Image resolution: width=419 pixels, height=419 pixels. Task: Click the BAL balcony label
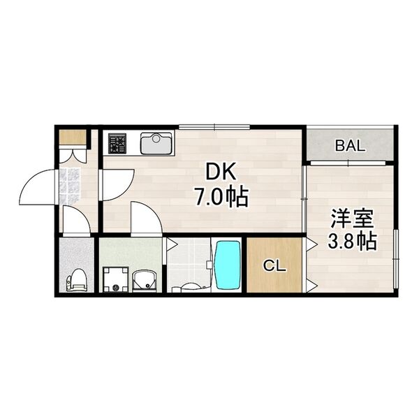coord(349,146)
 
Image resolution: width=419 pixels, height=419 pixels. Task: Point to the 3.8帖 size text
coord(353,242)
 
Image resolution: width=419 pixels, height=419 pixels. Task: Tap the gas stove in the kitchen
coord(117,144)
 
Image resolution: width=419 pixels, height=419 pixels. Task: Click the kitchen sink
coord(156,144)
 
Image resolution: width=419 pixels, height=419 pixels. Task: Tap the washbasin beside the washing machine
coord(146,280)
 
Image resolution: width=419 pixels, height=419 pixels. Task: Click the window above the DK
coord(214,127)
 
